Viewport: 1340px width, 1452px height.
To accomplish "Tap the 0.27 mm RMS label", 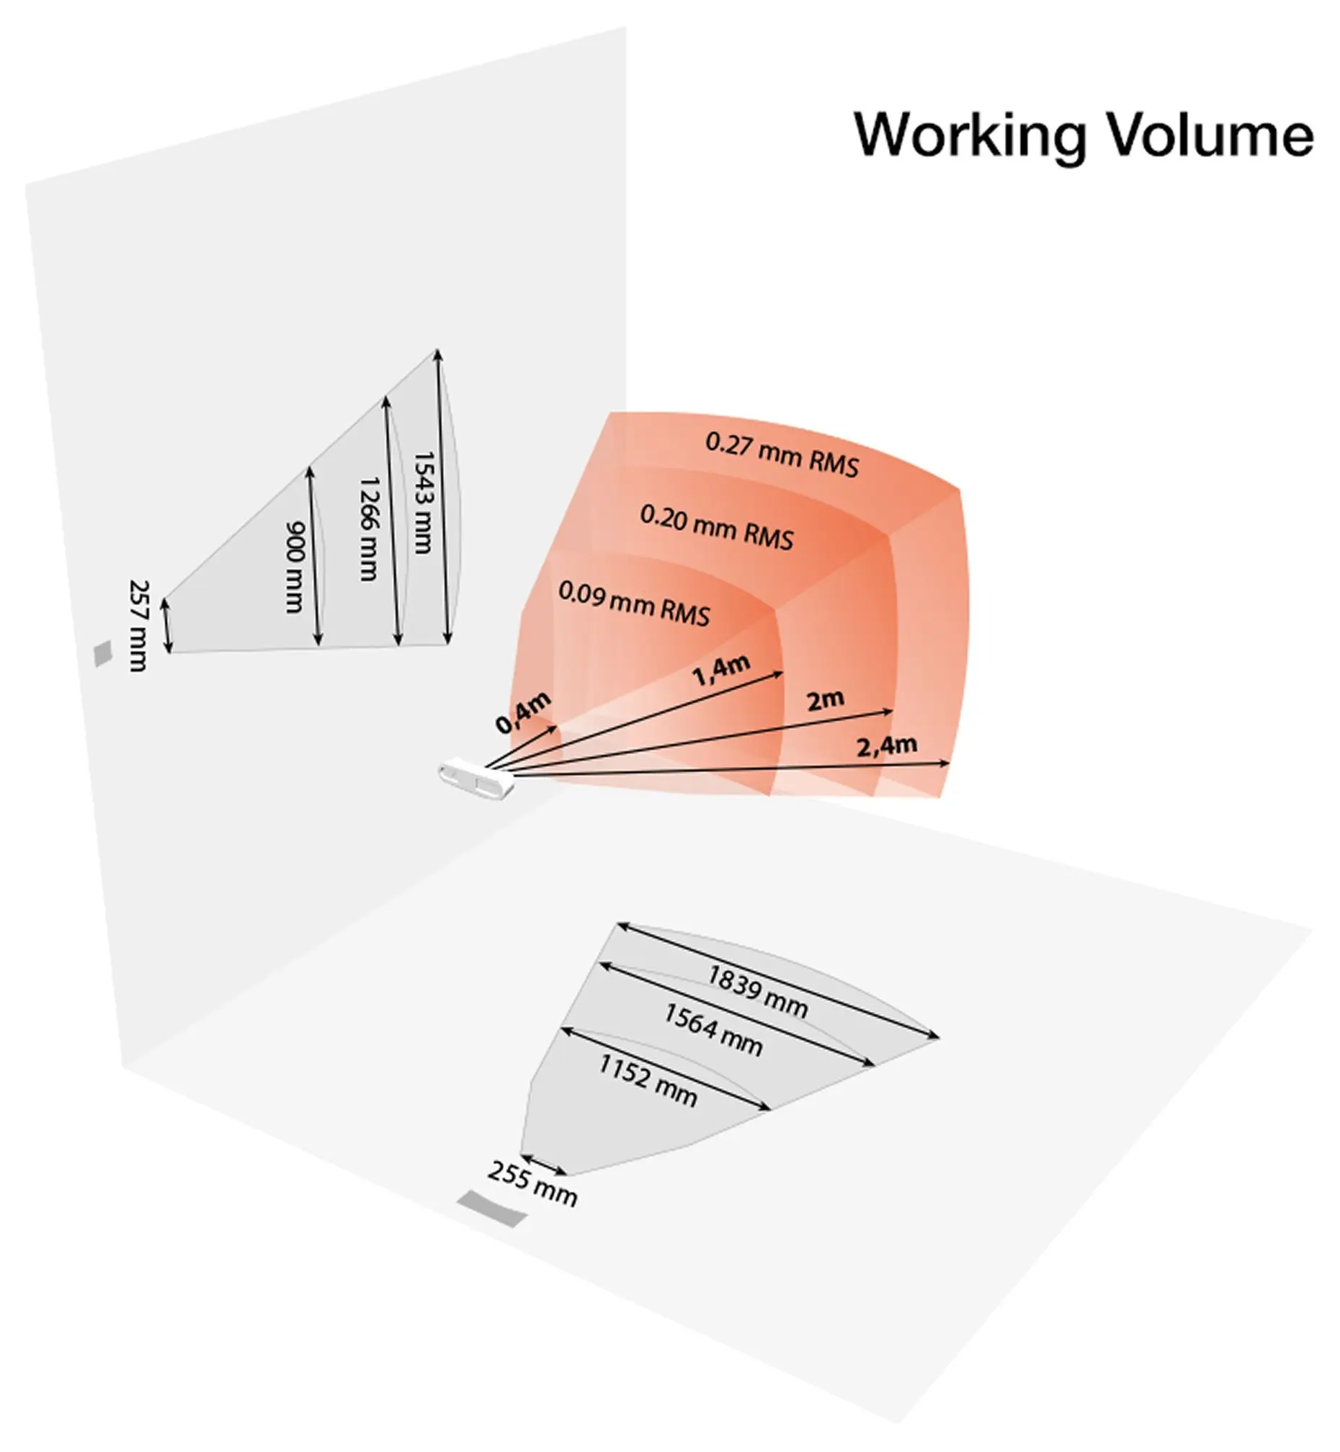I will [782, 454].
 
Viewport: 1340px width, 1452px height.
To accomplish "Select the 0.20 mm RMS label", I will [716, 527].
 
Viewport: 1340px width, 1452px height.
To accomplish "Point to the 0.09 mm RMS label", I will [634, 603].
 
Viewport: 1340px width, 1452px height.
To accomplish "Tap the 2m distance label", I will [825, 700].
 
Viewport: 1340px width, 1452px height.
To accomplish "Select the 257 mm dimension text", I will [138, 626].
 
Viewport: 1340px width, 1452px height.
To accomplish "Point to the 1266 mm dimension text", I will [369, 529].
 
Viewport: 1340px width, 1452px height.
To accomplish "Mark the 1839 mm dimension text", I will [757, 992].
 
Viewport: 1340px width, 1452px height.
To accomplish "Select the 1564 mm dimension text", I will [713, 1030].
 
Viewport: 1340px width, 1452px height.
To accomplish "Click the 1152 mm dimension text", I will [648, 1081].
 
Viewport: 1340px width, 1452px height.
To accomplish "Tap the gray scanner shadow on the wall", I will [104, 653].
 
